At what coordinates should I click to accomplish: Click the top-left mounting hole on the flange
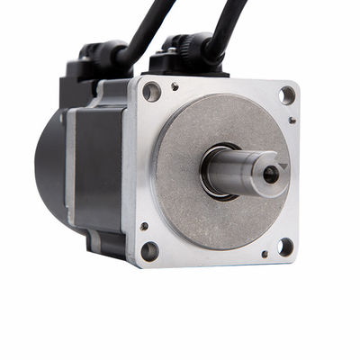click(151, 92)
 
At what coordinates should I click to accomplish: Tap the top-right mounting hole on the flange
click(286, 94)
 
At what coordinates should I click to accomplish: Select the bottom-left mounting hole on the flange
click(149, 251)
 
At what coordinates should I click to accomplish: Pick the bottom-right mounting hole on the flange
click(283, 246)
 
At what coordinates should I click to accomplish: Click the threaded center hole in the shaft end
click(270, 175)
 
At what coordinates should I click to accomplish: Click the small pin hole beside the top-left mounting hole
click(174, 87)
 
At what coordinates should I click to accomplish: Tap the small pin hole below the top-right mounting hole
click(292, 120)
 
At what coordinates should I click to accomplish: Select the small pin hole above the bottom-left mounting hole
click(144, 226)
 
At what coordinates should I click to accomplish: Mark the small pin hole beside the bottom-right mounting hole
click(264, 254)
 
